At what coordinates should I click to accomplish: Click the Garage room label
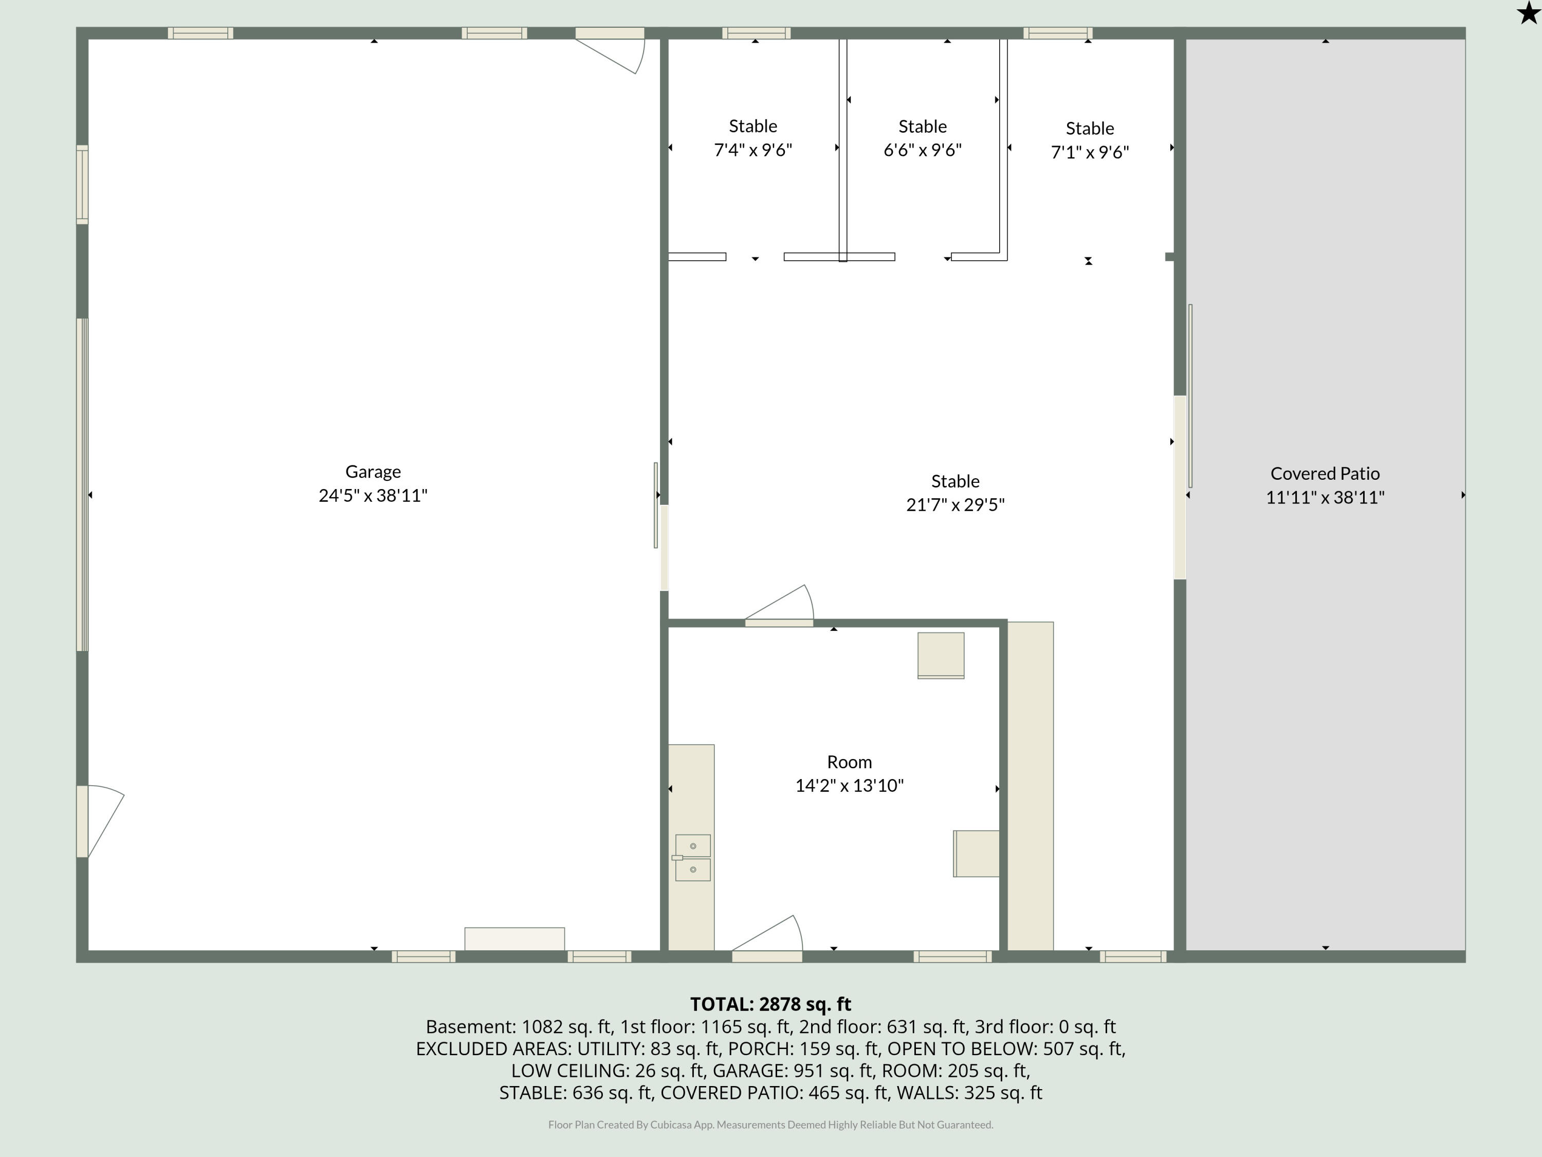(x=373, y=472)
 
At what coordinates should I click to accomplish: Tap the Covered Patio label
(x=1325, y=474)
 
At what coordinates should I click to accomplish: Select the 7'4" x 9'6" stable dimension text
(x=753, y=150)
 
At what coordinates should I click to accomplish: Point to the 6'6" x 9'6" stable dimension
(x=922, y=150)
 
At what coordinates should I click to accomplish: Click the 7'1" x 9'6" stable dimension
(x=1090, y=152)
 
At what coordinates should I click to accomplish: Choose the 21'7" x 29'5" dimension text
(x=955, y=504)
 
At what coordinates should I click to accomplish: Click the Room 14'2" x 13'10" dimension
(x=849, y=785)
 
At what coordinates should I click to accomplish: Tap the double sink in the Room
(x=692, y=858)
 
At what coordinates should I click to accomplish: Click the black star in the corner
(x=1528, y=13)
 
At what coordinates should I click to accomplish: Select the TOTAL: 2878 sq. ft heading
(x=770, y=1004)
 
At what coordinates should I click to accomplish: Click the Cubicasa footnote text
(x=770, y=1124)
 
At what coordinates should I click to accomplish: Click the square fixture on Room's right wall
(x=976, y=853)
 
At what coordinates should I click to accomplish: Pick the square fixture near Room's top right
(x=941, y=655)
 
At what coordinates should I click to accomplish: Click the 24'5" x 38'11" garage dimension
(x=373, y=495)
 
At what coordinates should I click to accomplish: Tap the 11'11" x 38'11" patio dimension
(x=1325, y=497)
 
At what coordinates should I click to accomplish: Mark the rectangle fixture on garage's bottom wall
(x=515, y=938)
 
